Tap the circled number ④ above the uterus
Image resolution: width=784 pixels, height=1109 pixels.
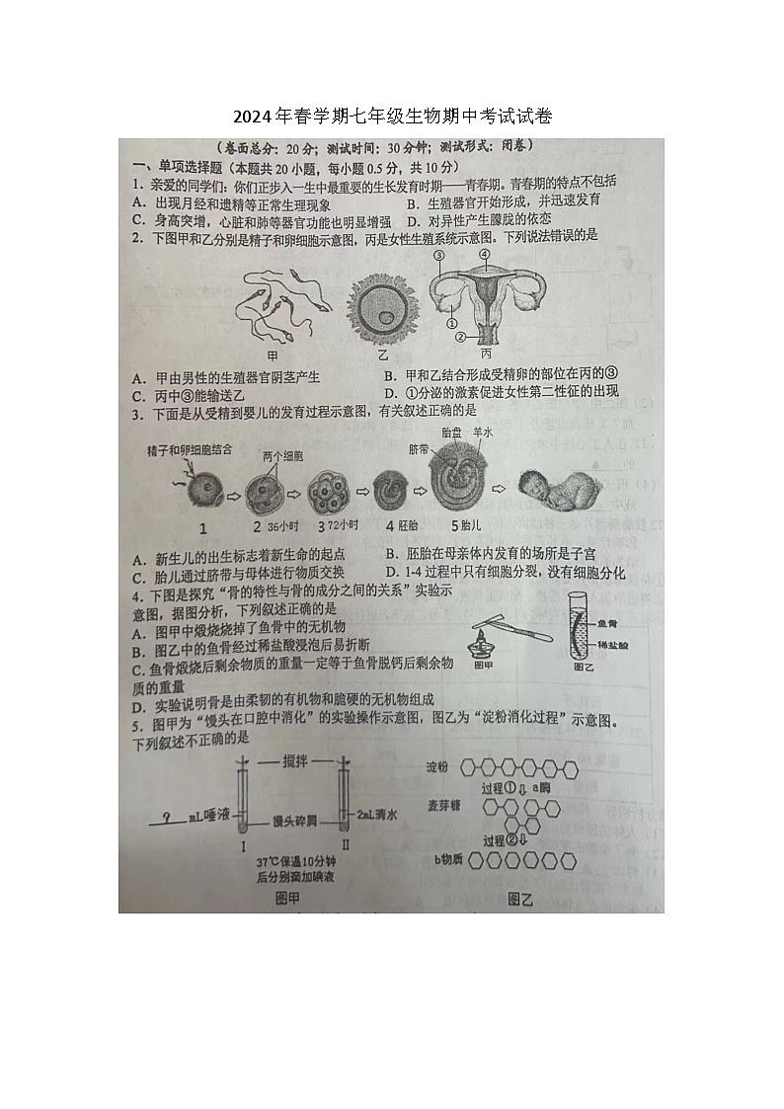485,254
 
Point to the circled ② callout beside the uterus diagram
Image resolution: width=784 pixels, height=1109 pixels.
458,337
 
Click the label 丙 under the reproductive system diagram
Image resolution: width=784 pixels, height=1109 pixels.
486,353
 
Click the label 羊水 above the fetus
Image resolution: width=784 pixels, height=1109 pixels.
482,432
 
